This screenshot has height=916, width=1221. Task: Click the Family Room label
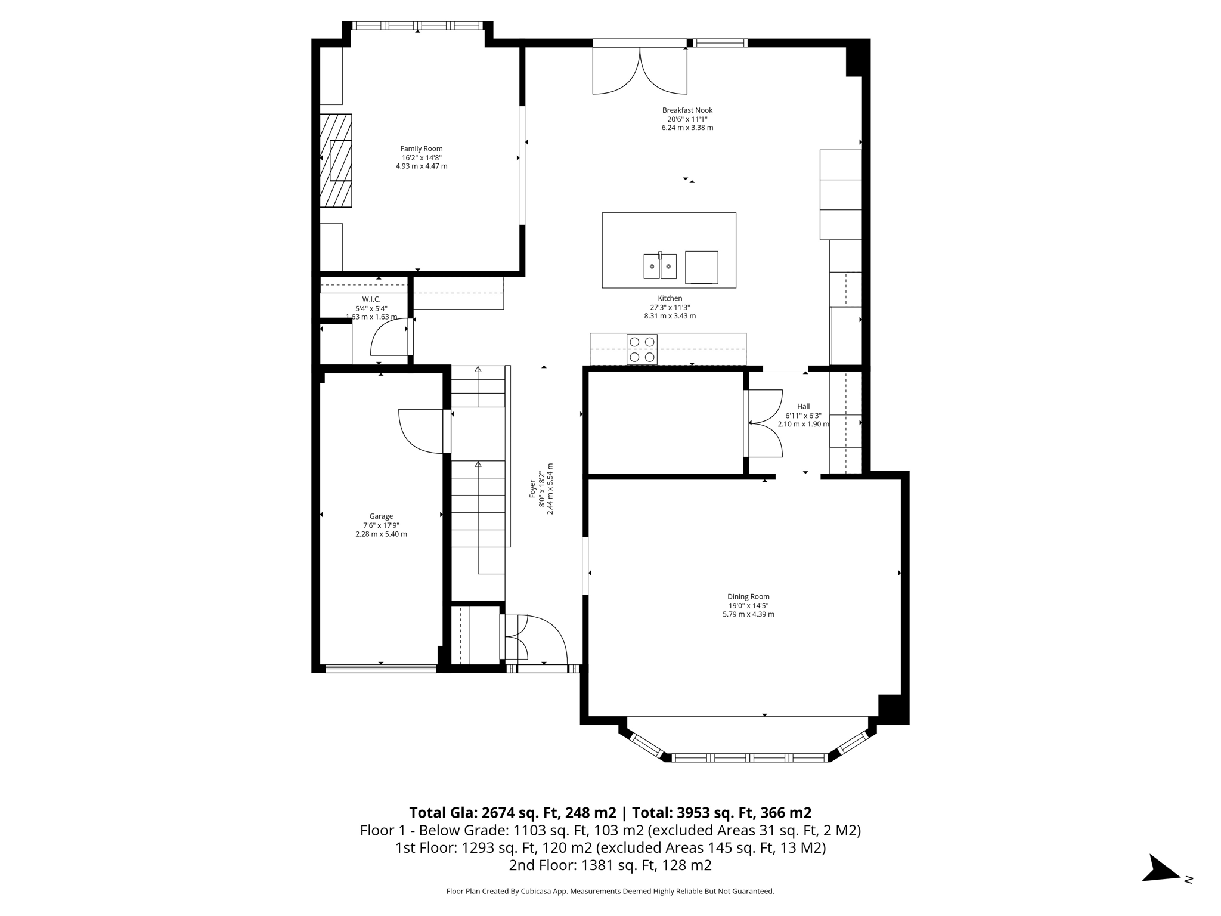point(421,149)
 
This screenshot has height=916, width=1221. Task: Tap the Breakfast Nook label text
point(687,110)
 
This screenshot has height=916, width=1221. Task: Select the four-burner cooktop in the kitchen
point(642,349)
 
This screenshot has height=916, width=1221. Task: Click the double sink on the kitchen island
point(659,266)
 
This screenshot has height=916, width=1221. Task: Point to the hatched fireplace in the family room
point(336,160)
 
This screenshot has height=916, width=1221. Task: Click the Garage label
point(381,516)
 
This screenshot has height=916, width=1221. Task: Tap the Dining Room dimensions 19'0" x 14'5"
point(748,605)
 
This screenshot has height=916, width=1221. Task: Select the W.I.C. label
point(371,299)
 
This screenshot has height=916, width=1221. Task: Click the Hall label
point(803,407)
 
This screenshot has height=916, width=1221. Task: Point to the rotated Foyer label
point(532,489)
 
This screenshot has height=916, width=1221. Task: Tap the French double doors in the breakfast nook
point(640,70)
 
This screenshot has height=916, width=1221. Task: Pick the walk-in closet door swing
point(389,338)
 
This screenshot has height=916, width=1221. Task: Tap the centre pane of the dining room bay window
point(749,758)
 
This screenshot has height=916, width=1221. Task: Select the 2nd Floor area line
point(610,865)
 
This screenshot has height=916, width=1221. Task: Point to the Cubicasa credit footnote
point(610,892)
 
